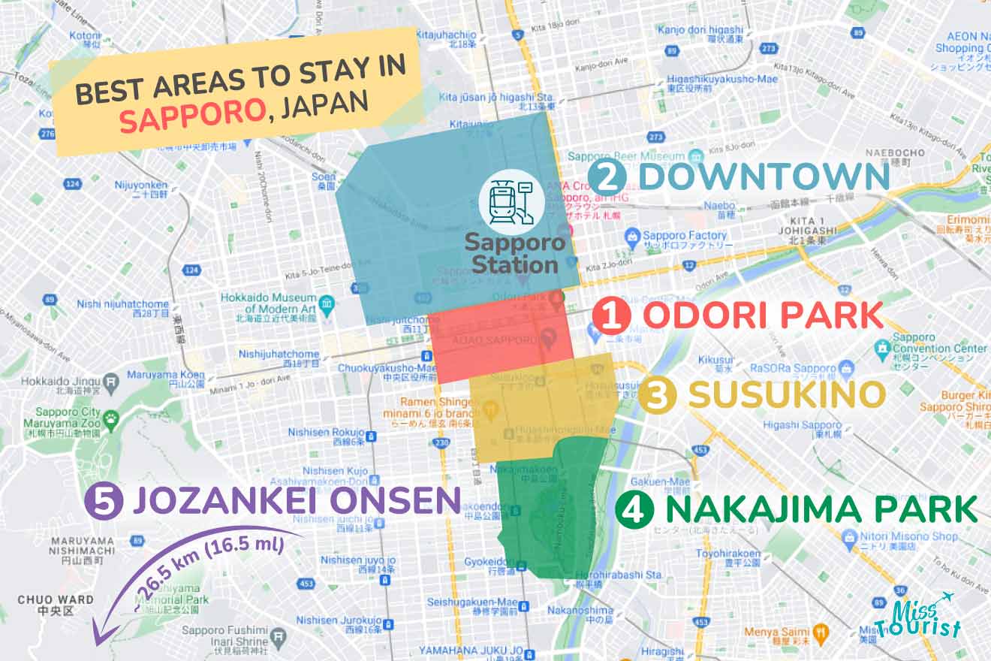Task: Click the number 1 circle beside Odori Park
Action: pyautogui.click(x=612, y=316)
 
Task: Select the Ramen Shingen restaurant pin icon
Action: pyautogui.click(x=491, y=409)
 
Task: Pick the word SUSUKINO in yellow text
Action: pyautogui.click(x=786, y=395)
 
